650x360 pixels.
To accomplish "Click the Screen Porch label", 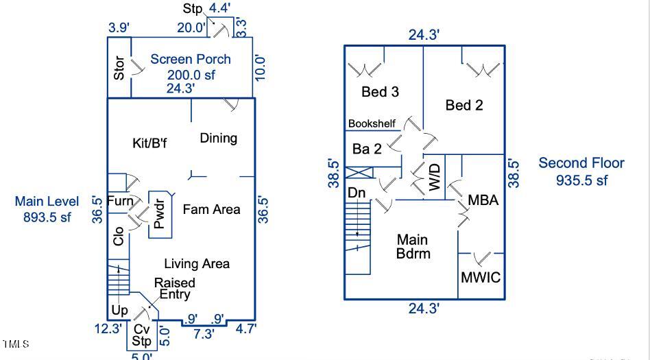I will (x=191, y=60).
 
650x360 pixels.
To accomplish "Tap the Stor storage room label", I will (x=119, y=68).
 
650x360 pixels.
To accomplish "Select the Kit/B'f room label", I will (x=149, y=143).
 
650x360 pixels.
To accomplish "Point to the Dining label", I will (x=218, y=138).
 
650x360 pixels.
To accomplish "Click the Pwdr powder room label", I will (x=159, y=215).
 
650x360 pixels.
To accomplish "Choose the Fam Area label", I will (x=211, y=209).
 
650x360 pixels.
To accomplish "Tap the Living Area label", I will (x=197, y=263).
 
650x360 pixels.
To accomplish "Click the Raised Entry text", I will (x=174, y=289).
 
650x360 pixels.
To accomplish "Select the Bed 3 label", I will (x=380, y=92).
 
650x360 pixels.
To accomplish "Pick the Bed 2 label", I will (x=464, y=105).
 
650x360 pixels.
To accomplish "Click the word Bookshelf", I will (x=372, y=123).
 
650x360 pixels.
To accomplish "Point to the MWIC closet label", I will (x=481, y=278).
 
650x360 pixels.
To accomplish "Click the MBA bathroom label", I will (x=483, y=200).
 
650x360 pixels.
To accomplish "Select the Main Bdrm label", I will (x=413, y=246).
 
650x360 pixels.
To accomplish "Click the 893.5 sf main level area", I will (x=47, y=217).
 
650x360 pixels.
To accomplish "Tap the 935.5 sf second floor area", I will (x=581, y=180).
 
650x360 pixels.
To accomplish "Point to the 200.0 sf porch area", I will (x=191, y=75).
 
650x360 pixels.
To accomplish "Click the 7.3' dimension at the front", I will (x=203, y=334).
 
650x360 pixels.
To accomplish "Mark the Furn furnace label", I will (x=120, y=202).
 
